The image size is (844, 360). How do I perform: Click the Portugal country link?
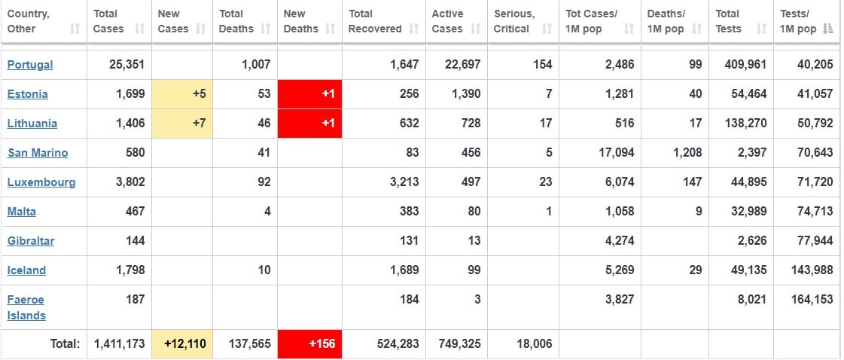(x=30, y=65)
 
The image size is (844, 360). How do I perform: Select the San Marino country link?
(x=38, y=153)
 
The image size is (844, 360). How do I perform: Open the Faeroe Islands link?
(x=26, y=307)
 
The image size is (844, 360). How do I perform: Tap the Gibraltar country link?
(x=31, y=241)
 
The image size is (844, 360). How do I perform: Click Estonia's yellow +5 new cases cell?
(x=182, y=94)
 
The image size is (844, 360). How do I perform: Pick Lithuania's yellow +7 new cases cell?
(x=182, y=124)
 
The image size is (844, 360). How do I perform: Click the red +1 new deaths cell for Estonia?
(x=309, y=94)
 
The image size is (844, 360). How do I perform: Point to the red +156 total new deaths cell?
(x=309, y=344)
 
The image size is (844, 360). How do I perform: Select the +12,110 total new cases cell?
(x=182, y=344)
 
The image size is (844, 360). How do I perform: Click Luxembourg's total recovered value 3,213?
(x=404, y=182)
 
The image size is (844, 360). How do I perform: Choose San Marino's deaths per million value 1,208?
(x=686, y=153)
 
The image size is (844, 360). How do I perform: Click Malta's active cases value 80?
(x=474, y=212)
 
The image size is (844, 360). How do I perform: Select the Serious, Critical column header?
(x=514, y=21)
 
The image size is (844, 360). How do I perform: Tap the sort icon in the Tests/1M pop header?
(x=828, y=29)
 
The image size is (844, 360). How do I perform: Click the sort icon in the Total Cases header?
(x=139, y=29)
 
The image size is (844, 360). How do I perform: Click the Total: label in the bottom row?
(x=65, y=344)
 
